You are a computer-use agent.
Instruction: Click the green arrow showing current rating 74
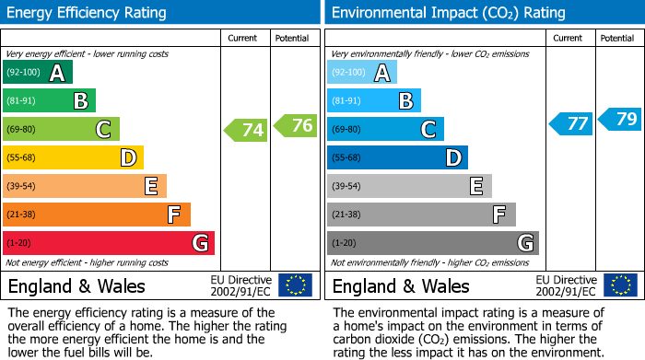click(x=246, y=130)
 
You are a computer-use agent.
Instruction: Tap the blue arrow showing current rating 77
click(x=570, y=123)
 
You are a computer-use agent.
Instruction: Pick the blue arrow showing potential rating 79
click(x=619, y=119)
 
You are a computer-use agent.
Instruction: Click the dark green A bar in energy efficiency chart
click(x=38, y=73)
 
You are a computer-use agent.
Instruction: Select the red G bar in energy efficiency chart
click(x=109, y=243)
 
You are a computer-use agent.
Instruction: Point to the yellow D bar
click(x=74, y=157)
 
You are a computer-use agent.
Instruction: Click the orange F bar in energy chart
click(x=97, y=215)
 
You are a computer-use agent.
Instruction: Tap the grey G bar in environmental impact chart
click(x=432, y=243)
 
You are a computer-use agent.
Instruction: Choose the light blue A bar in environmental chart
click(x=362, y=73)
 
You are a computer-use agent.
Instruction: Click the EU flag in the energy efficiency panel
click(x=295, y=285)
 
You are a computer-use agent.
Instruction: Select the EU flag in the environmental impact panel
click(x=619, y=285)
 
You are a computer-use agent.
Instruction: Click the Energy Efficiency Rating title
click(x=88, y=13)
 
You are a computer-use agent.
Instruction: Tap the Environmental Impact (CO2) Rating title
click(x=448, y=13)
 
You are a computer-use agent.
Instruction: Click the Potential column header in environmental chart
click(x=617, y=38)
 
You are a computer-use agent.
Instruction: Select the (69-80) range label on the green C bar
click(x=24, y=129)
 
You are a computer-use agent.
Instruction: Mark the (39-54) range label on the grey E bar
click(x=348, y=186)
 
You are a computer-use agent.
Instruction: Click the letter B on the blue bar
click(x=405, y=101)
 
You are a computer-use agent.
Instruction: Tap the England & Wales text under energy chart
click(x=76, y=285)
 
